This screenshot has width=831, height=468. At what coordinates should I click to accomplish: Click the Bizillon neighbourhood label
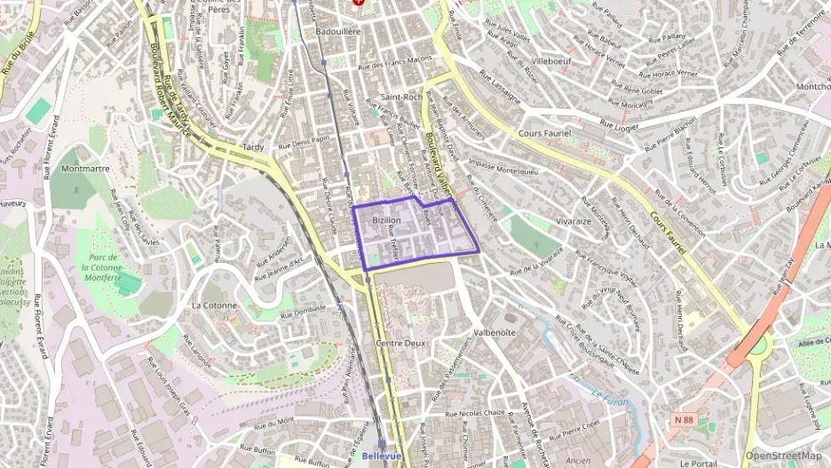[x=387, y=219]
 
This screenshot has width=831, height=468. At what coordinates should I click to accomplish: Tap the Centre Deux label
[x=402, y=343]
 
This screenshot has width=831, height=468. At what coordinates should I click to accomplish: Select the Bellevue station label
[x=382, y=456]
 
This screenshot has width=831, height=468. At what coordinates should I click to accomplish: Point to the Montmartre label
[x=85, y=168]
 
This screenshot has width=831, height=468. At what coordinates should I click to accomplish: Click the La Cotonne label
[x=214, y=305]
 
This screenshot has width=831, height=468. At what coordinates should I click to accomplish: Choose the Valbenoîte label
[x=495, y=332]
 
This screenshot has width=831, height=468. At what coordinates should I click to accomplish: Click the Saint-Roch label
[x=400, y=97]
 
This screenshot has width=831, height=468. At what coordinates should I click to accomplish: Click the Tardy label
[x=253, y=147]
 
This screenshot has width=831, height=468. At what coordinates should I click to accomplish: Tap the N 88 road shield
[x=683, y=419]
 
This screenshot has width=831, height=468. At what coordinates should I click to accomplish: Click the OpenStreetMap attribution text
[x=784, y=456]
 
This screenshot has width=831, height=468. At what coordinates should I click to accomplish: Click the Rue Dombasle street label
[x=303, y=312]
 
